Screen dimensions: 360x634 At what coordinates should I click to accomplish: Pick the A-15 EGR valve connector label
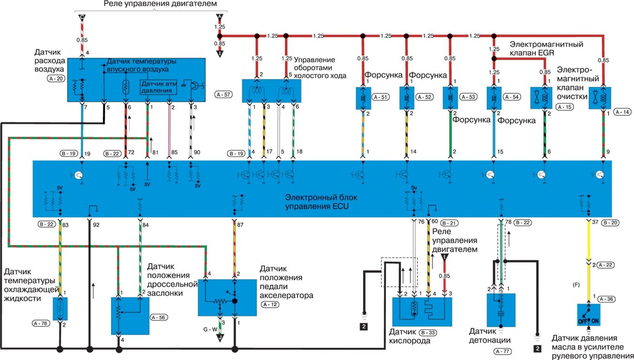563,107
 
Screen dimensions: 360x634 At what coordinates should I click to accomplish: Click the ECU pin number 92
96,224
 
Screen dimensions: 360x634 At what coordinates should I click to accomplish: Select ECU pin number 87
240,225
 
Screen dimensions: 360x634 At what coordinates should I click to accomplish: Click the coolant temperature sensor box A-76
60,308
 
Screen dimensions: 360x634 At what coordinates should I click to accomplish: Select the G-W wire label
210,329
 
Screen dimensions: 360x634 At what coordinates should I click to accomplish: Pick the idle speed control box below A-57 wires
271,91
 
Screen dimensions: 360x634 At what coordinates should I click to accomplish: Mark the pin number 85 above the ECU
174,153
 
